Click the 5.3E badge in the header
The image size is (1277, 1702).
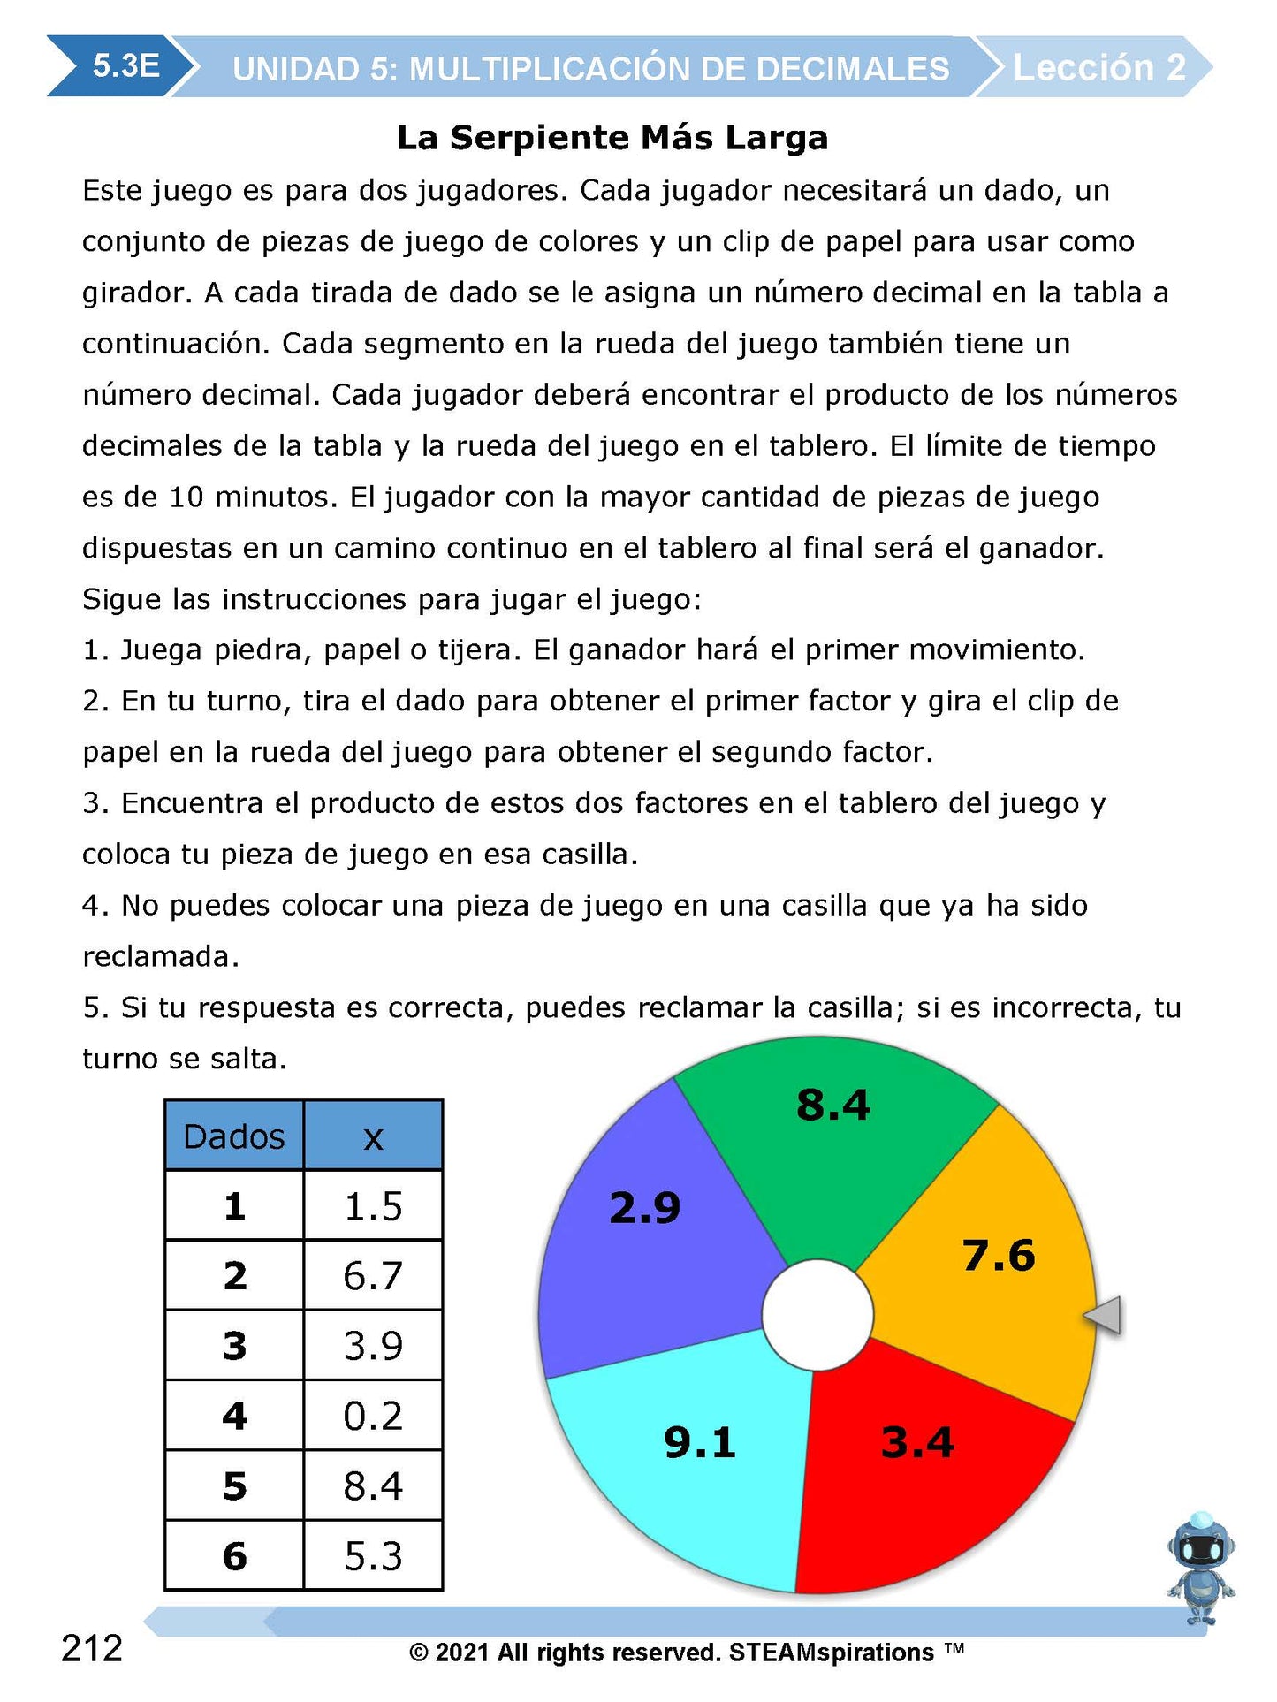(125, 66)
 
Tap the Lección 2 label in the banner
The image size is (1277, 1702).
(1098, 68)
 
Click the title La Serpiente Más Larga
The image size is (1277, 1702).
(612, 138)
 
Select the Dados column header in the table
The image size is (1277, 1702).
(234, 1136)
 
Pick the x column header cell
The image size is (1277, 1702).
(373, 1136)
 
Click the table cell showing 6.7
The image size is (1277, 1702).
(373, 1275)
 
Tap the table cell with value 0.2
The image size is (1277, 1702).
(373, 1416)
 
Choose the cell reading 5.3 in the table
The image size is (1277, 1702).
(373, 1556)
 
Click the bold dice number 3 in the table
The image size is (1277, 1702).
(234, 1346)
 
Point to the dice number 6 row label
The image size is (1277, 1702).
(234, 1556)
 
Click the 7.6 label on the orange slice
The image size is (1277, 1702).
(999, 1256)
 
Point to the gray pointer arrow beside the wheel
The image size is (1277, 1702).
(1105, 1316)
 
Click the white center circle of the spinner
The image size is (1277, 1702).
(817, 1315)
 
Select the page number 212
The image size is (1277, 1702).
(92, 1649)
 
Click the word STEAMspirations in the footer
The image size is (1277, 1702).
(831, 1653)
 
